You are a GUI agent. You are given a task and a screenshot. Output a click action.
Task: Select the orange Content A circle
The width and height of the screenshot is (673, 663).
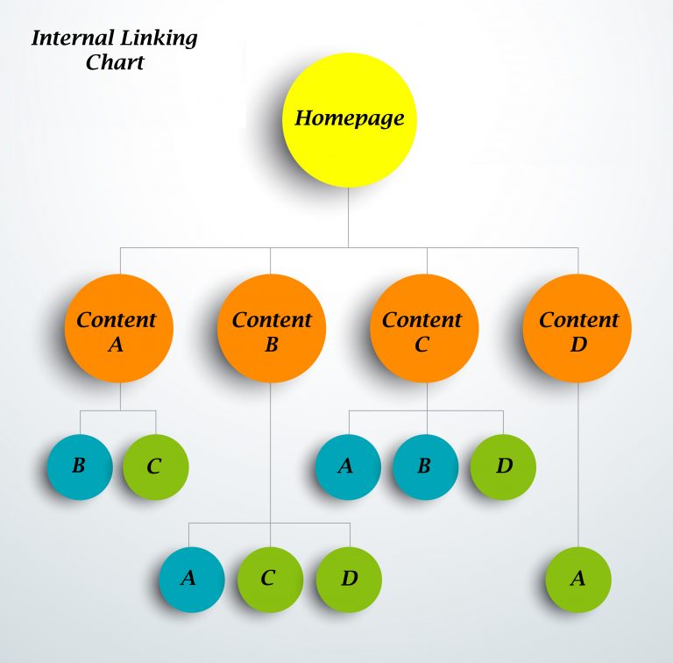tap(118, 329)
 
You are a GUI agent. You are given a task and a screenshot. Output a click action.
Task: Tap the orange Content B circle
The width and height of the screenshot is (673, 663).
tap(272, 329)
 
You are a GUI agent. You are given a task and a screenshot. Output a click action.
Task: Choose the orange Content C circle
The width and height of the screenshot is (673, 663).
tap(424, 329)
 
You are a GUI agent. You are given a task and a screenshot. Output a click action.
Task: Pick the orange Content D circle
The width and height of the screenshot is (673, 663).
tap(577, 329)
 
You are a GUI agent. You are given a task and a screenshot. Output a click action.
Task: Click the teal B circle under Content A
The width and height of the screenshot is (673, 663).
tap(80, 467)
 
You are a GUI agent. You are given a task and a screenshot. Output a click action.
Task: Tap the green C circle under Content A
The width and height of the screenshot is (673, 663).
tap(155, 467)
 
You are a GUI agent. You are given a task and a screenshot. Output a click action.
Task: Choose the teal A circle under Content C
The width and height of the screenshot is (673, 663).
tap(348, 467)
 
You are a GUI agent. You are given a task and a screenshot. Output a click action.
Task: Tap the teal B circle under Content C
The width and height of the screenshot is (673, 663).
tap(425, 467)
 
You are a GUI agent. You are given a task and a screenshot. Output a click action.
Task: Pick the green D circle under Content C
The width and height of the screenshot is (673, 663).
tap(503, 467)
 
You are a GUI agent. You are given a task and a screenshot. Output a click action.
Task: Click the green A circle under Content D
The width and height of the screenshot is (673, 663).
tap(577, 580)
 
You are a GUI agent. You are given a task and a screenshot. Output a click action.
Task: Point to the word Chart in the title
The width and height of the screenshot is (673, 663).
tap(115, 62)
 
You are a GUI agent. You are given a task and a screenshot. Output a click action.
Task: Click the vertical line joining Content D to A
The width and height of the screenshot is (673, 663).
tap(577, 465)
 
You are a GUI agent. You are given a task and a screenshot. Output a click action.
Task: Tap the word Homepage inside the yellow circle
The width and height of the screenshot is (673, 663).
tap(349, 118)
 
